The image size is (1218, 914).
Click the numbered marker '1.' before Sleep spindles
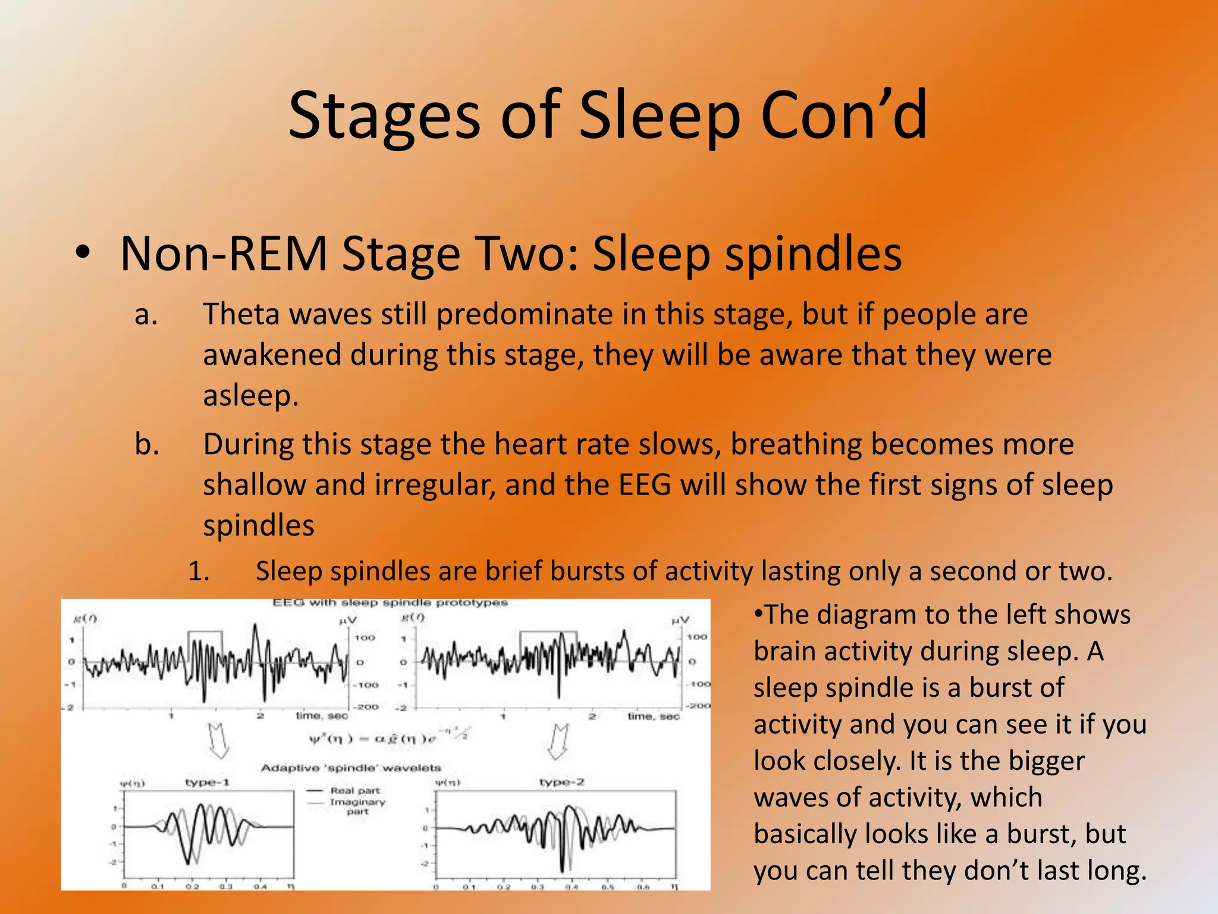coord(199,572)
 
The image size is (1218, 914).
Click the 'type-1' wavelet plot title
coord(207,782)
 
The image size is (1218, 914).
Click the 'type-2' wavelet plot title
coord(561,782)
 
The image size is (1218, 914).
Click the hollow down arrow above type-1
coord(219,741)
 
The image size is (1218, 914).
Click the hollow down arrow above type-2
coord(558,741)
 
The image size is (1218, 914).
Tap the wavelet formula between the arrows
coord(381,738)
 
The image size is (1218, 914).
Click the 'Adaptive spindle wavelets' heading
coord(351,768)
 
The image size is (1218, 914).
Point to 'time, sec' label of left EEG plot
coord(322,716)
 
